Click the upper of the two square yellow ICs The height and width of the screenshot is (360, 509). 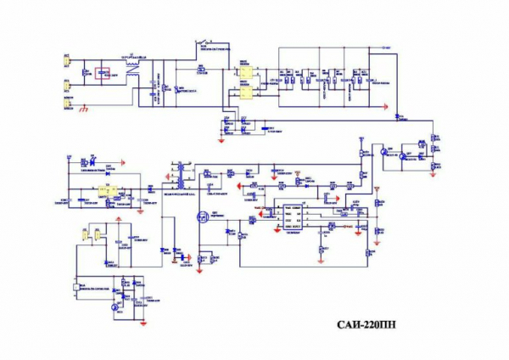[x=243, y=72]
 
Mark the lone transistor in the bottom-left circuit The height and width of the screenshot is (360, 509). [x=118, y=303]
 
